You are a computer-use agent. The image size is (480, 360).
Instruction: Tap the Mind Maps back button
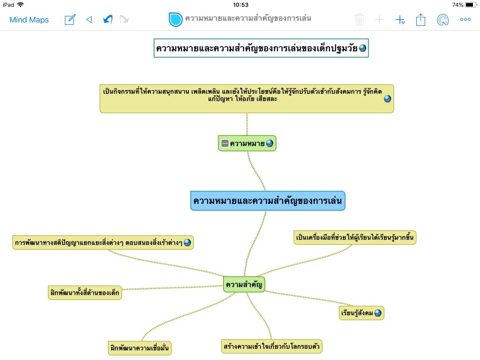pyautogui.click(x=29, y=20)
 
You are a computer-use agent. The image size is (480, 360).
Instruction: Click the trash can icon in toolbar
pyautogui.click(x=360, y=20)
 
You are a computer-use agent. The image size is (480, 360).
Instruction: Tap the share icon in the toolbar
pyautogui.click(x=420, y=20)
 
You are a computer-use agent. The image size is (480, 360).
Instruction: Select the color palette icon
pyautogui.click(x=442, y=20)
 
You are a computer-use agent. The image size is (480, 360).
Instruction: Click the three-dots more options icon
pyautogui.click(x=465, y=20)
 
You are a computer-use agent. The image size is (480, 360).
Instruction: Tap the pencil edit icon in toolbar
pyautogui.click(x=70, y=20)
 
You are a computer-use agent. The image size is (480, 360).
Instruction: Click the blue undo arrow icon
pyautogui.click(x=107, y=20)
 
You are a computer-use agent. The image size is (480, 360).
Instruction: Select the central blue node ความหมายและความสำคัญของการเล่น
pyautogui.click(x=268, y=201)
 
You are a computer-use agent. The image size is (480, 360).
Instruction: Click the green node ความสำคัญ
pyautogui.click(x=244, y=284)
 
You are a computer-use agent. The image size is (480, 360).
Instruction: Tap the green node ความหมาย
pyautogui.click(x=247, y=143)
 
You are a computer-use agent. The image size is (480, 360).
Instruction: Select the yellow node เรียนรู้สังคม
pyautogui.click(x=361, y=313)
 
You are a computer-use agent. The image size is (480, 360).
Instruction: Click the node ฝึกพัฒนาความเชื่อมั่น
pyautogui.click(x=139, y=348)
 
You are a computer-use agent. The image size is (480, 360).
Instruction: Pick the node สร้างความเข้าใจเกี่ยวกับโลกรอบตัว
pyautogui.click(x=272, y=346)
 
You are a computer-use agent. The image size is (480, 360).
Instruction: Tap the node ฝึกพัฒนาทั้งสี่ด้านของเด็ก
pyautogui.click(x=85, y=292)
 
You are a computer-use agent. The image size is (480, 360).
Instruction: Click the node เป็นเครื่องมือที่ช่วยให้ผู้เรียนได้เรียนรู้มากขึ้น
pyautogui.click(x=355, y=238)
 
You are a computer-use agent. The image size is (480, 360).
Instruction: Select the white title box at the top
pyautogui.click(x=261, y=48)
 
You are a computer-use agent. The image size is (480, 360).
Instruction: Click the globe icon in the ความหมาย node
pyautogui.click(x=270, y=143)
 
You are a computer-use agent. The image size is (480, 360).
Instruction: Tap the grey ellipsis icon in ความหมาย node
pyautogui.click(x=225, y=143)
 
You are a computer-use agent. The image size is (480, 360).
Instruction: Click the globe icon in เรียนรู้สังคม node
pyautogui.click(x=378, y=313)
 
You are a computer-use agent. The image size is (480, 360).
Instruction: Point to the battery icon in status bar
pyautogui.click(x=471, y=5)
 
